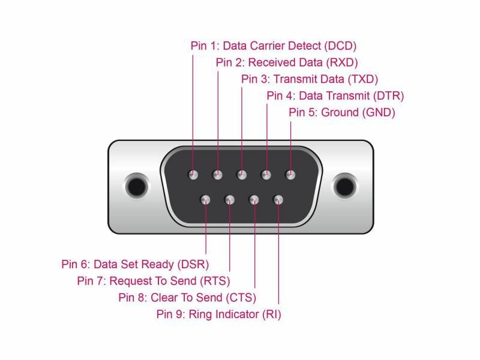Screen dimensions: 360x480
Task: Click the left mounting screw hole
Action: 137,185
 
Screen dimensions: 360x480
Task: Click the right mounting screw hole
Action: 344,185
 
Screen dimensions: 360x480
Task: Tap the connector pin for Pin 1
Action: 193,175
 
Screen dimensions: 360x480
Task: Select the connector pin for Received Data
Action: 217,175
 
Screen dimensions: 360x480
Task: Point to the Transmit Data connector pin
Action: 242,175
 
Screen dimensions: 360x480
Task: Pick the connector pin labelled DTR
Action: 266,175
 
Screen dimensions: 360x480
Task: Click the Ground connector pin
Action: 290,175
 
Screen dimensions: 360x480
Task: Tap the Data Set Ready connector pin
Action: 205,199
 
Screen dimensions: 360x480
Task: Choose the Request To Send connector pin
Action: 230,199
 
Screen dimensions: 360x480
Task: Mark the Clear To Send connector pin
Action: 254,199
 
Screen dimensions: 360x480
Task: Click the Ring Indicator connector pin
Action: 278,199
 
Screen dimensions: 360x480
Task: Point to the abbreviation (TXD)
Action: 362,79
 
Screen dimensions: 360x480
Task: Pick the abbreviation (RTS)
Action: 214,280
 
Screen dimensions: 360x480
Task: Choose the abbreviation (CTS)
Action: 240,297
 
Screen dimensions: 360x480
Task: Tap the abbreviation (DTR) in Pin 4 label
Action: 388,95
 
